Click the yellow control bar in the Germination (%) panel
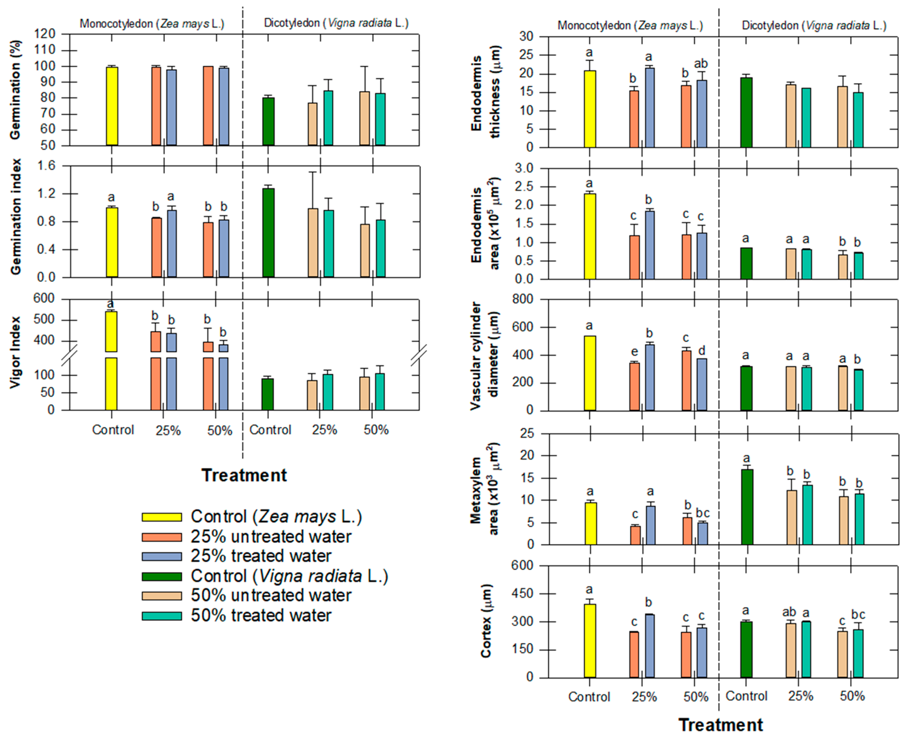[112, 106]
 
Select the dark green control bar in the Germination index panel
[268, 233]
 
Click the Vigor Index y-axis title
[15, 352]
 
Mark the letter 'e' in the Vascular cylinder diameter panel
[634, 352]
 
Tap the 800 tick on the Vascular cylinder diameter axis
[523, 299]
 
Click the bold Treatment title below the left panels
[244, 475]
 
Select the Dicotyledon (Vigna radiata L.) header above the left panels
[336, 23]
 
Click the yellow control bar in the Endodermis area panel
[590, 236]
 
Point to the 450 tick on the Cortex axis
[523, 594]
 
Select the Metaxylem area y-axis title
[484, 489]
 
